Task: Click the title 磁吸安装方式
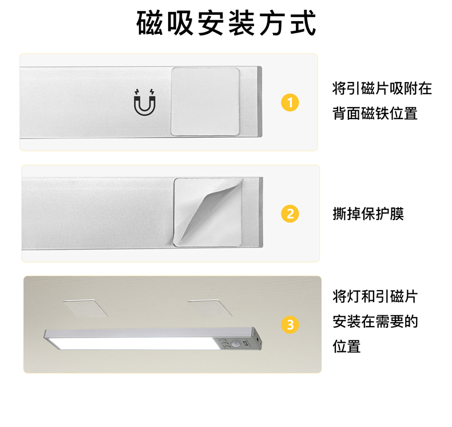point(227,23)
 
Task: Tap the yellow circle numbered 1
point(290,103)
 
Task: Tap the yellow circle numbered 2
point(290,214)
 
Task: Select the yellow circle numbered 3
point(290,324)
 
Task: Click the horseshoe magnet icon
point(145,102)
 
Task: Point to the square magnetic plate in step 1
point(205,101)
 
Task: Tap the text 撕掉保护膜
point(368,214)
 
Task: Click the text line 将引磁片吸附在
point(382,88)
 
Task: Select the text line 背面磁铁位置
point(375,113)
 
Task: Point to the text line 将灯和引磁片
point(375,296)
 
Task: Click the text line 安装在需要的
point(375,322)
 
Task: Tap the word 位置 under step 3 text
point(347,346)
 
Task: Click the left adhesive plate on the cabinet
point(86,308)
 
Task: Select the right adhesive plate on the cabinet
point(210,308)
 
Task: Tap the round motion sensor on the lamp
point(235,344)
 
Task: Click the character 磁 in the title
point(149,23)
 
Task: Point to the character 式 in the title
point(303,23)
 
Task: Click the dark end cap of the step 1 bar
point(260,101)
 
